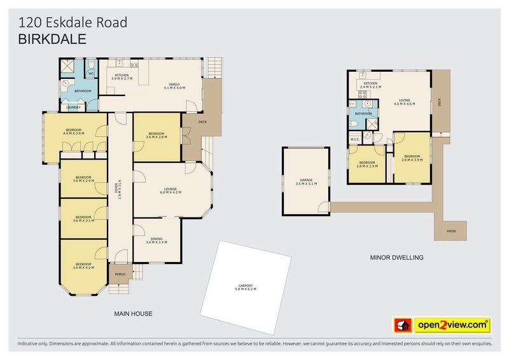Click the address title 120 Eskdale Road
pos(73,23)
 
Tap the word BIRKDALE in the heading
pos(52,38)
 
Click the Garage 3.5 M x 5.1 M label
pos(307,182)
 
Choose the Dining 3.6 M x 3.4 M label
pos(156,240)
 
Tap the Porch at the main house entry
pos(118,274)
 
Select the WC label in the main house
pos(91,74)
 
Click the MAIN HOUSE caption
pos(133,314)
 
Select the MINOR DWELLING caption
pos(396,258)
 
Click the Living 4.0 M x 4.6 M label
pos(405,101)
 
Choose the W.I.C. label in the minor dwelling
pos(355,140)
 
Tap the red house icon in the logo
pos(402,325)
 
